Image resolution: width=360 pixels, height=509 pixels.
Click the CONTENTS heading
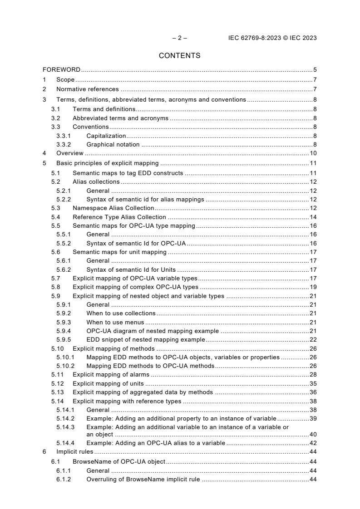click(x=179, y=56)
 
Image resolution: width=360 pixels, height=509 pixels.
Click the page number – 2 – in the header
click(x=179, y=38)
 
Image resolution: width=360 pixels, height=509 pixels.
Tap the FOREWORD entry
click(x=61, y=70)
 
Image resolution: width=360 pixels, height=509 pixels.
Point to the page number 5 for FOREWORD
click(x=315, y=70)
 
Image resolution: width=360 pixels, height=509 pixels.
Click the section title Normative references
click(x=87, y=89)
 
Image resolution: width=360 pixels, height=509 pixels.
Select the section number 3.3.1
click(x=64, y=136)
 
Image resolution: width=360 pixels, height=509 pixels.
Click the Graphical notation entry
click(x=113, y=145)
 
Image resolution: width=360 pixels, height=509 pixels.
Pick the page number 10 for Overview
click(x=313, y=153)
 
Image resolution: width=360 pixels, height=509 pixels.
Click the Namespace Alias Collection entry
click(x=113, y=208)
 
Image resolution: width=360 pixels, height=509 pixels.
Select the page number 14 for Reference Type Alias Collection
click(x=313, y=217)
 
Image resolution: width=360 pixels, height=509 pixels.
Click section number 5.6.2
click(x=64, y=269)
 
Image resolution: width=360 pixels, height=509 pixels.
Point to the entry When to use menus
click(x=115, y=322)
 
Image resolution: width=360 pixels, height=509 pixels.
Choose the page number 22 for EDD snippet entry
click(x=313, y=339)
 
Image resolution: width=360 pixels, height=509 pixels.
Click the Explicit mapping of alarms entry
click(x=111, y=375)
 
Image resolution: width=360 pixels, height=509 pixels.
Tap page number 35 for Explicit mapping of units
click(x=313, y=383)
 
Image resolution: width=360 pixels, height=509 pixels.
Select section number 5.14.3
click(x=65, y=427)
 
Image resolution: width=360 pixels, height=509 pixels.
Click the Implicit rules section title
click(x=74, y=452)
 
